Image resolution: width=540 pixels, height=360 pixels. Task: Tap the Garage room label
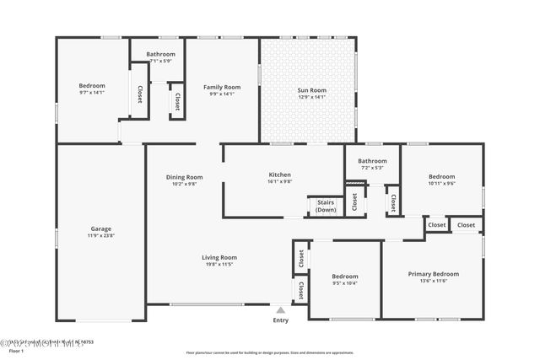tap(101, 228)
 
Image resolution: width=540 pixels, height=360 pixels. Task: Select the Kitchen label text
tap(279, 175)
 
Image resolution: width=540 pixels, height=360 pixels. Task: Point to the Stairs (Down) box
tap(325, 206)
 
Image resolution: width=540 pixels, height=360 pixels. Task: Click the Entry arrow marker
tap(280, 310)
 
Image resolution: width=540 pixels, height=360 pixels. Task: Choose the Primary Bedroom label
tap(434, 274)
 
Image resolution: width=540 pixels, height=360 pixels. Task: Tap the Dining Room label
tap(184, 177)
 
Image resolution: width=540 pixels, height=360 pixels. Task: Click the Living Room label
tap(219, 257)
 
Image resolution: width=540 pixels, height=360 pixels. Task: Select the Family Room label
tap(222, 87)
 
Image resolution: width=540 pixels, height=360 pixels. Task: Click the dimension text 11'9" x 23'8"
tap(101, 235)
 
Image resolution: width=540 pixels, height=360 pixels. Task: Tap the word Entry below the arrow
tap(280, 320)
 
